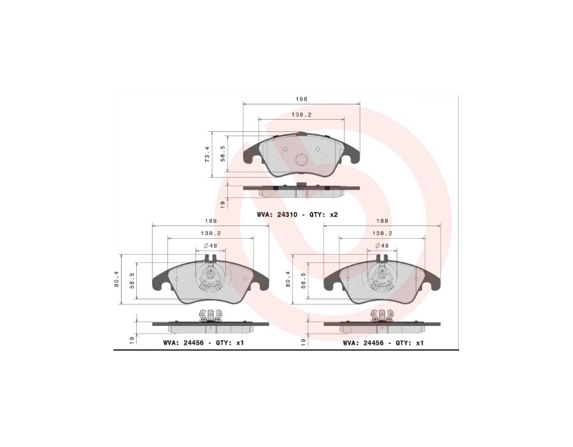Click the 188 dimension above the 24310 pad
(302, 99)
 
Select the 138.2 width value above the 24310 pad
(301, 115)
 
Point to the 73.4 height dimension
(207, 154)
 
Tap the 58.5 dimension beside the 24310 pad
(222, 154)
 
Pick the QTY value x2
(334, 215)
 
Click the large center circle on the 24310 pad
(302, 159)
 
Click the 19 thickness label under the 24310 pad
(223, 204)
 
